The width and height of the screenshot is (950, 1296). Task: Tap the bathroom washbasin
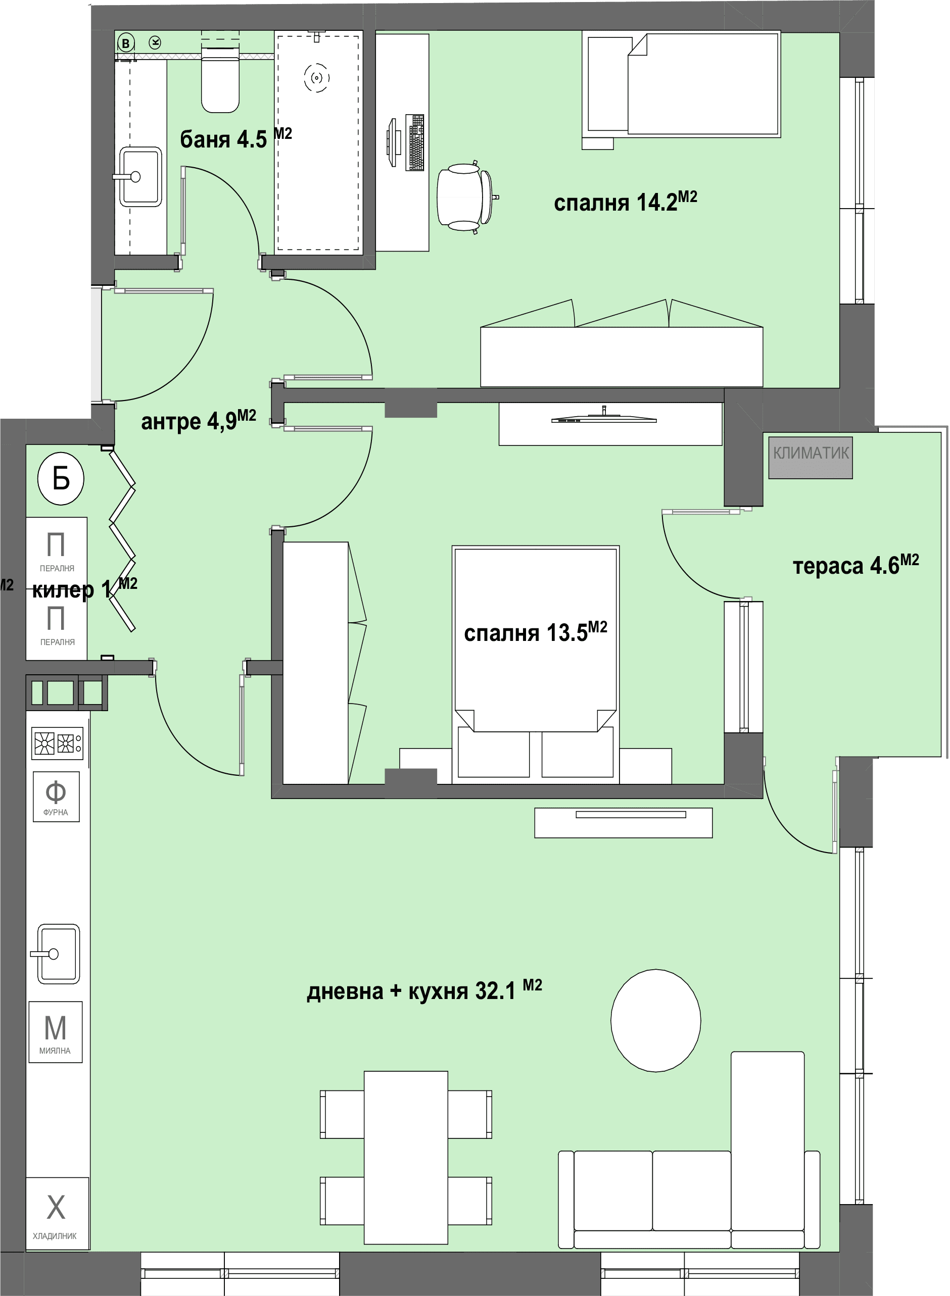(x=140, y=176)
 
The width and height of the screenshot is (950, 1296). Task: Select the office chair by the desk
(x=466, y=196)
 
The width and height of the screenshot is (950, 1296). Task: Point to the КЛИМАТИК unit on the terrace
(x=810, y=458)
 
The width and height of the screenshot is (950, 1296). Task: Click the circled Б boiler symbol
(x=61, y=478)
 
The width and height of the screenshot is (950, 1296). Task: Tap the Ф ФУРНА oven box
(x=56, y=796)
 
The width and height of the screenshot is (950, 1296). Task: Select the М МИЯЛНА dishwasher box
(x=56, y=1032)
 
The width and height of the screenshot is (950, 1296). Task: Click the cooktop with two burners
(x=57, y=743)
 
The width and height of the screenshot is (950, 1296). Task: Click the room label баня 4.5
(x=223, y=139)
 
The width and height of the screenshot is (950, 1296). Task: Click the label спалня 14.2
(x=616, y=203)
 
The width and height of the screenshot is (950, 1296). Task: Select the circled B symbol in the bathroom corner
(x=125, y=43)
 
